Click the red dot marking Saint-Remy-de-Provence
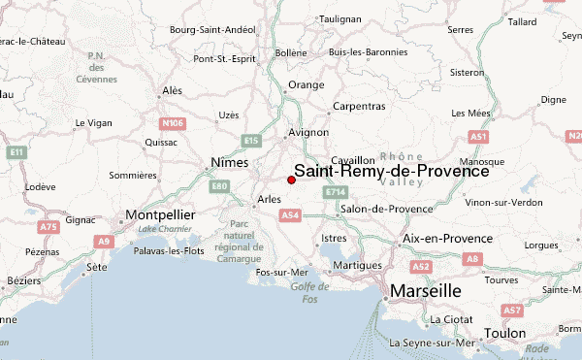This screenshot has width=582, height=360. point(291,180)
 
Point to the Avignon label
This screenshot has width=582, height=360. point(308,134)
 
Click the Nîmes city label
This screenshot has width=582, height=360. point(229,163)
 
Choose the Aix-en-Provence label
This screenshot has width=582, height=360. point(447,239)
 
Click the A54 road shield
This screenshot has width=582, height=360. point(288,214)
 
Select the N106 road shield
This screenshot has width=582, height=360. point(173,123)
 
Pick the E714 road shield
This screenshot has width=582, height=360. point(336,193)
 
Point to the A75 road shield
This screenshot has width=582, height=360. point(48,226)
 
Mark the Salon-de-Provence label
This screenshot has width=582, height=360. point(386,209)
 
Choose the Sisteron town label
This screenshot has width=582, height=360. point(466,72)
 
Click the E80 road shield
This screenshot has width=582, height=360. point(219,185)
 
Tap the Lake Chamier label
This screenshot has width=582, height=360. point(161,229)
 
